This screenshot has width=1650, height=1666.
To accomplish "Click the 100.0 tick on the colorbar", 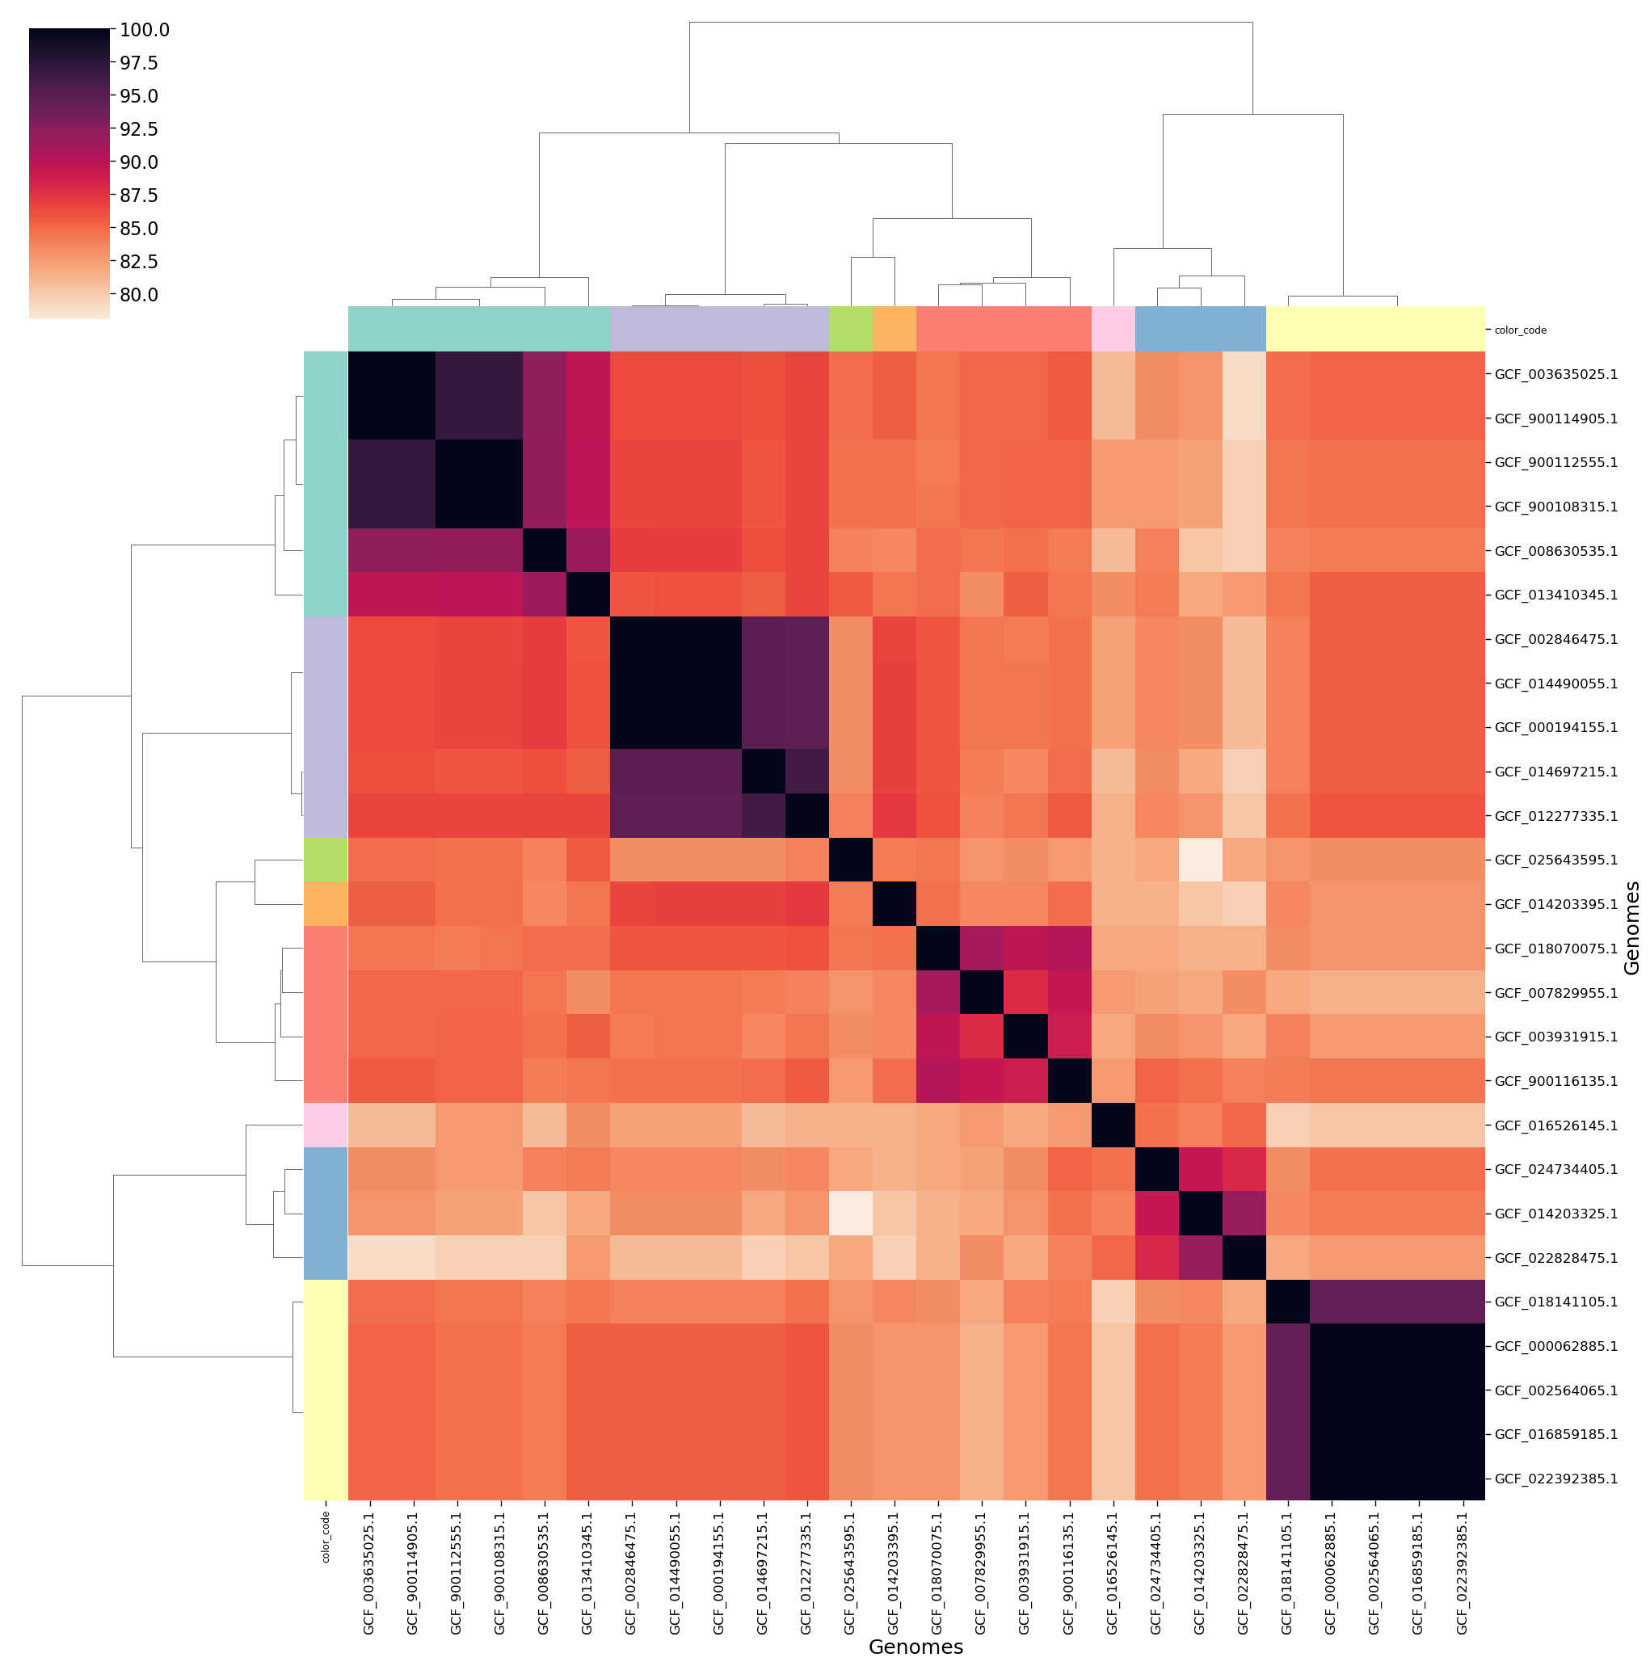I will click(x=144, y=30).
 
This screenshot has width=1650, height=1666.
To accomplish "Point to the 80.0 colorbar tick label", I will click(x=139, y=295).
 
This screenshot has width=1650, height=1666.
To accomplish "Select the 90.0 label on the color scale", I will click(x=139, y=162).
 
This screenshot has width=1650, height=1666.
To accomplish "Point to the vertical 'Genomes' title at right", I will click(x=1630, y=927).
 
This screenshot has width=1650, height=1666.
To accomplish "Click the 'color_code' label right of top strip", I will click(x=1520, y=330).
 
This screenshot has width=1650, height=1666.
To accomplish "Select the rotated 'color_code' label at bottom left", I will click(x=326, y=1537).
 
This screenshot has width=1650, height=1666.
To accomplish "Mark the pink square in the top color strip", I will click(x=1113, y=329).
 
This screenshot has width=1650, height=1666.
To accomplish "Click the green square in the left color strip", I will click(x=325, y=860).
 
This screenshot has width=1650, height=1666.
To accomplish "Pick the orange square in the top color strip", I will click(x=894, y=329).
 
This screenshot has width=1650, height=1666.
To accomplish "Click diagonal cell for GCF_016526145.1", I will click(x=1113, y=1125).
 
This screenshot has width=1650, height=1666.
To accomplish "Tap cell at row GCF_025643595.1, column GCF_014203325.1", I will click(x=1200, y=860).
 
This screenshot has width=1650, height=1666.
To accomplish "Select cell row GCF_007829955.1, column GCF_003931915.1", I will click(x=1025, y=992).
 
